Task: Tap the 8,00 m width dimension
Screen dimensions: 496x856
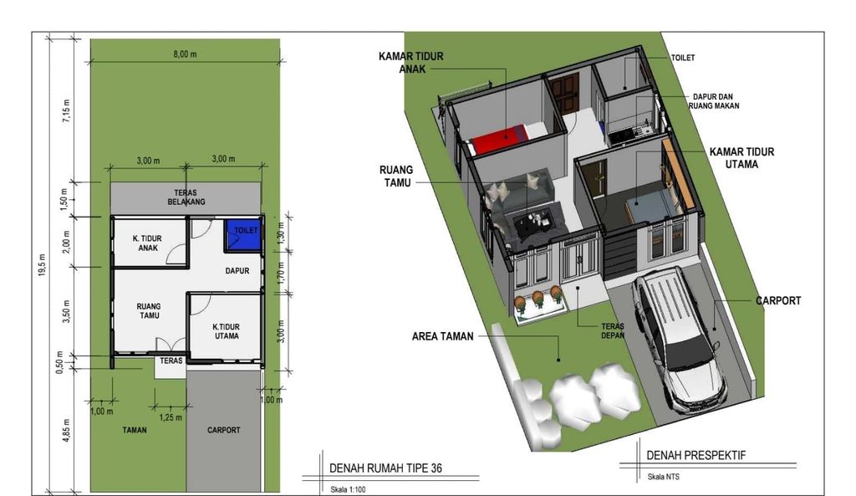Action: (x=185, y=54)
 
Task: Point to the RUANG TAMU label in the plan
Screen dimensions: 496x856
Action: (x=148, y=311)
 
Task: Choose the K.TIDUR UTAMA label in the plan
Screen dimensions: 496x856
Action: (x=226, y=331)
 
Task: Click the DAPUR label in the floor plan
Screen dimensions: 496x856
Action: (x=238, y=271)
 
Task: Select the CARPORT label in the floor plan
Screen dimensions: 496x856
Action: (x=222, y=430)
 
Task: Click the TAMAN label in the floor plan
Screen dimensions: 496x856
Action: (x=134, y=430)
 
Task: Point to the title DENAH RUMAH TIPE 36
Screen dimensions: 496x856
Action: (x=385, y=468)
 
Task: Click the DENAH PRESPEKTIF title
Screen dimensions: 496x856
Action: (x=695, y=456)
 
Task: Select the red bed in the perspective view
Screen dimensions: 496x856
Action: (x=498, y=137)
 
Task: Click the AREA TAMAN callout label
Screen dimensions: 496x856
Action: (x=442, y=336)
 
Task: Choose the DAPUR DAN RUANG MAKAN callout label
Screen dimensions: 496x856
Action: (x=714, y=101)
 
